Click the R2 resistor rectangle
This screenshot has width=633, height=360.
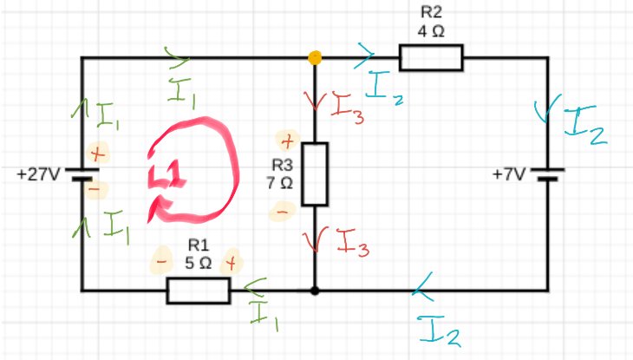point(431,58)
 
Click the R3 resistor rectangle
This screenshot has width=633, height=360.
point(315,173)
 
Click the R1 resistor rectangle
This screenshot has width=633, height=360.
point(198,291)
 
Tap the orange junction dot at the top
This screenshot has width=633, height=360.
point(315,58)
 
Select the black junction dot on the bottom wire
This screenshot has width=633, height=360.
point(315,291)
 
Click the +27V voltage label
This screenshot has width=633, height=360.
point(37,174)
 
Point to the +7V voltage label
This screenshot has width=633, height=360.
point(509,174)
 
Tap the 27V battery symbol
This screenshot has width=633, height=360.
point(82,174)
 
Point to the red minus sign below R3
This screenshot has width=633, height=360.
point(282,210)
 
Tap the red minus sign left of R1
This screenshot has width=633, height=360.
point(160,260)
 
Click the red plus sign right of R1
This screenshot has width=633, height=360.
point(232,260)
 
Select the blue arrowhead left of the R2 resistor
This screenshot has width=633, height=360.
point(366,58)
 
